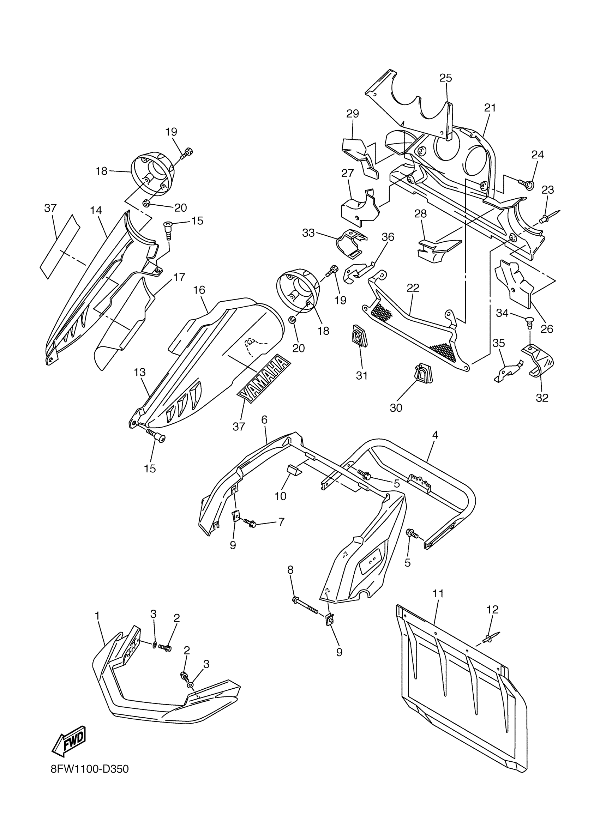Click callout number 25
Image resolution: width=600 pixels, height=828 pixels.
(x=445, y=78)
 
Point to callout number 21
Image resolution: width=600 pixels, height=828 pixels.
(x=490, y=108)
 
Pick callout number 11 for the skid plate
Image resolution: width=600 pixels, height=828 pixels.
(x=438, y=594)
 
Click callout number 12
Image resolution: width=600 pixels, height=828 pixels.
(x=492, y=609)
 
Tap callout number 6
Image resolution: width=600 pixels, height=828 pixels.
(x=264, y=420)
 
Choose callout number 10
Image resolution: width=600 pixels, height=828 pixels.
(x=281, y=496)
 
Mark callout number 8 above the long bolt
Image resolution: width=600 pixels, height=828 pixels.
(x=290, y=569)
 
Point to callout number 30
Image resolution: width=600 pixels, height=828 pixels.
(x=396, y=407)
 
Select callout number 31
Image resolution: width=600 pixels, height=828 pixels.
(x=361, y=375)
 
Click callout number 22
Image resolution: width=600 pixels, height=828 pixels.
(x=413, y=288)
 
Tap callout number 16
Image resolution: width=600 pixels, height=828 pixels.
(x=199, y=290)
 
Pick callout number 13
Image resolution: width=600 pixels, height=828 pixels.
(x=139, y=373)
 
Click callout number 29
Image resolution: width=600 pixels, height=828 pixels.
(x=352, y=114)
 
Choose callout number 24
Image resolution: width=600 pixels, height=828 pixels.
(x=537, y=155)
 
